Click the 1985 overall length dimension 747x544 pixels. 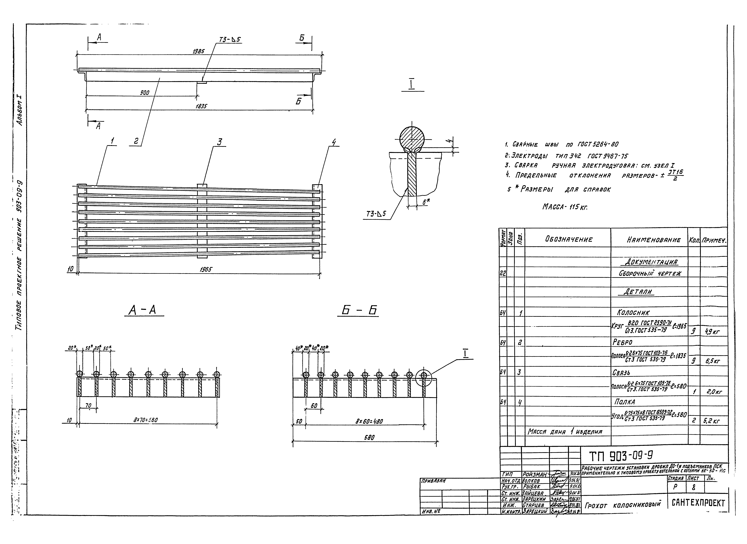tap(199, 51)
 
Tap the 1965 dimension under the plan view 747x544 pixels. tap(206, 269)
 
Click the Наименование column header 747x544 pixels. tap(653, 240)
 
